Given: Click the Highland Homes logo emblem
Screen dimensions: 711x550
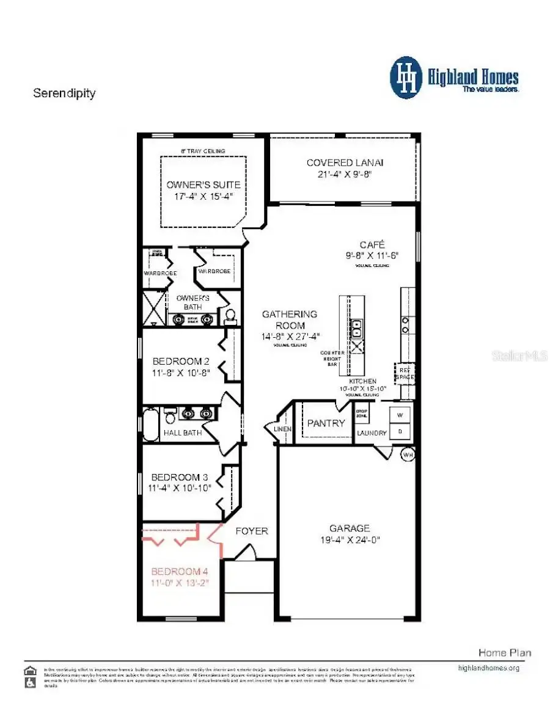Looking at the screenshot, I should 406,78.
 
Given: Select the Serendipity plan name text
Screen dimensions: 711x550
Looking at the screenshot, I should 64,93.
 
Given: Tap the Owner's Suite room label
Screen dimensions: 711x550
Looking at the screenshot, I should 204,184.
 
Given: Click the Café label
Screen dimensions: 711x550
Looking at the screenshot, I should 372,244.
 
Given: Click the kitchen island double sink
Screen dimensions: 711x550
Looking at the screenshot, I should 356,328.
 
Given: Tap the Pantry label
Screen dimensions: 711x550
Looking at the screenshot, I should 326,423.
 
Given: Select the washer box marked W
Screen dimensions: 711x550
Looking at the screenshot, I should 401,415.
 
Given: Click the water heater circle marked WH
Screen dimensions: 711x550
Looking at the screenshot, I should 408,455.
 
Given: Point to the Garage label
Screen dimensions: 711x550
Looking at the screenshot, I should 350,528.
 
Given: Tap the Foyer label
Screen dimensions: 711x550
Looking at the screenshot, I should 252,531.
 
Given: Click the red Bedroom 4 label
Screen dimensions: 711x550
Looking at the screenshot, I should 180,572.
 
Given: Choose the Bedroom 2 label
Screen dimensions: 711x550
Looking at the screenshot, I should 182,361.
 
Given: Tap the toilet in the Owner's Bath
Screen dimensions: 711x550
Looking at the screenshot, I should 230,315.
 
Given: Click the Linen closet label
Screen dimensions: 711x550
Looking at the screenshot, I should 284,429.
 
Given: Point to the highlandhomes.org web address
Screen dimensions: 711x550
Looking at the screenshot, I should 488,668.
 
